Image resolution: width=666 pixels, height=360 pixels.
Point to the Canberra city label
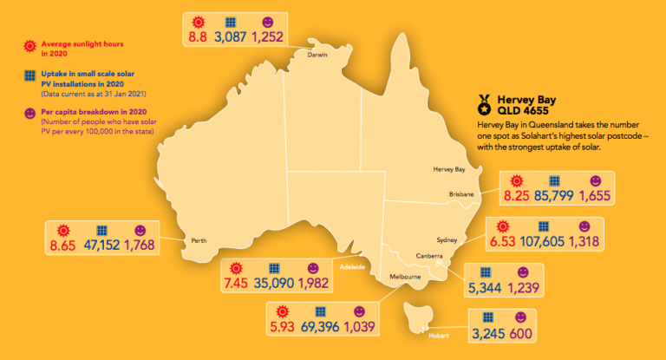[x=431, y=256]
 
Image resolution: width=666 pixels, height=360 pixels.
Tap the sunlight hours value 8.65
[x=65, y=246]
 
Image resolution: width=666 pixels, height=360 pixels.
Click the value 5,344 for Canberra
[x=487, y=287]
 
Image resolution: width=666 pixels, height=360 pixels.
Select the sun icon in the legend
[x=30, y=44]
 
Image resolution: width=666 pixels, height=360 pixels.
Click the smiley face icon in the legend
[x=30, y=115]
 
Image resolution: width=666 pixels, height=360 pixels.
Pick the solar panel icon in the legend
[x=30, y=79]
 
